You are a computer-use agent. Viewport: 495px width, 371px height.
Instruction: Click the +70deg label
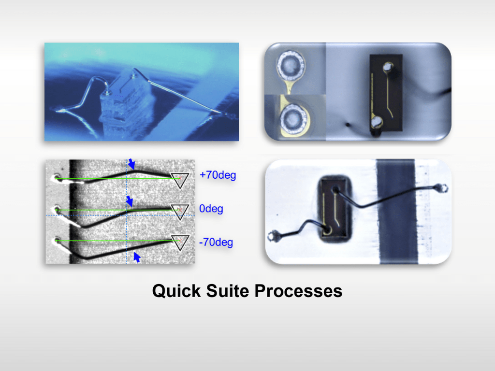(x=218, y=175)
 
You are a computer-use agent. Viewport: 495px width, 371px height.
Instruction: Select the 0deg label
(x=211, y=209)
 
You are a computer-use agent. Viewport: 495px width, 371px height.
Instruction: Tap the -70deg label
(x=216, y=243)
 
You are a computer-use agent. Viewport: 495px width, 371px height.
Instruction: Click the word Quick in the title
(x=176, y=291)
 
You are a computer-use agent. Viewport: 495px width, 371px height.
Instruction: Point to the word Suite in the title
(x=227, y=291)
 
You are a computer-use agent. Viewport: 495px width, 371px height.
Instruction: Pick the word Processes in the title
(x=298, y=291)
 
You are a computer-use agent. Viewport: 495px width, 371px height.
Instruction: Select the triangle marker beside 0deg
(x=180, y=212)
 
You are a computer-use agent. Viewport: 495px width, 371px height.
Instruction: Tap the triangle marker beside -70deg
(x=180, y=243)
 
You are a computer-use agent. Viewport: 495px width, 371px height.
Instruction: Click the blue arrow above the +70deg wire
(x=131, y=164)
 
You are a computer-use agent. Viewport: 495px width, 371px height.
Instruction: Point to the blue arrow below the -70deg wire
(x=137, y=257)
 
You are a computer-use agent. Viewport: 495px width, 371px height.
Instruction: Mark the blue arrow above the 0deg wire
(x=130, y=201)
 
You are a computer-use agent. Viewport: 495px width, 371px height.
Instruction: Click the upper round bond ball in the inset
(x=291, y=66)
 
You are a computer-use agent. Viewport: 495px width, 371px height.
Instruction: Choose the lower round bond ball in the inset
(x=293, y=118)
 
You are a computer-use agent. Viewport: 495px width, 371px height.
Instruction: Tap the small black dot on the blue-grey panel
(x=348, y=125)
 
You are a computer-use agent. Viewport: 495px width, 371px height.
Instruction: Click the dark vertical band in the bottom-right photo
(x=397, y=212)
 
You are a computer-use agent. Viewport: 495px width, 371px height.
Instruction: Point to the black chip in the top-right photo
(x=386, y=93)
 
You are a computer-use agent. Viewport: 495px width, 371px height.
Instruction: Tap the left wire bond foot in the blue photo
(x=61, y=111)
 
